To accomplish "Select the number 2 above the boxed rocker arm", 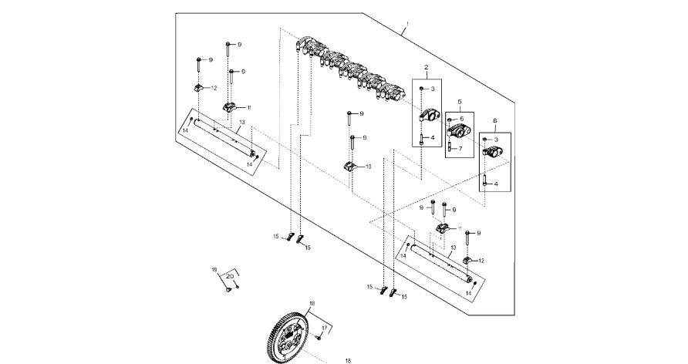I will coord(425,68).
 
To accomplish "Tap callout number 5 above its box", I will coord(459,101).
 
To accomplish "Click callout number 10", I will coord(368,167).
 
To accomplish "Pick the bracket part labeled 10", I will coord(349,167).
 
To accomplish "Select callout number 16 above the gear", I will coord(312,304).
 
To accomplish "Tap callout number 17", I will coord(325,329).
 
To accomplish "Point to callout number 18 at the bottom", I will coord(347,360).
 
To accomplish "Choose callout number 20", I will coord(229,275).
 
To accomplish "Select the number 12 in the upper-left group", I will coord(214,88).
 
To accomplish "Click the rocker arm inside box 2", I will coord(427,116).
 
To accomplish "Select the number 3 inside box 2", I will coord(433,90).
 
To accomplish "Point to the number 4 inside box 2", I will coord(433,138).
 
